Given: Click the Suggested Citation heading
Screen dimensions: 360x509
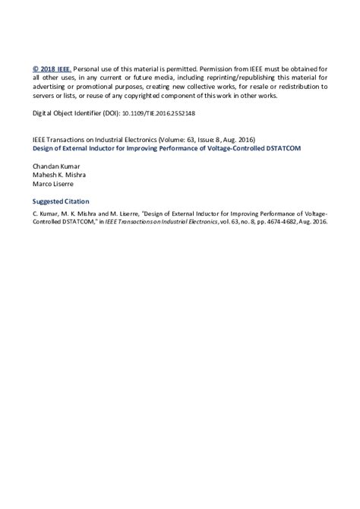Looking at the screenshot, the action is tap(61, 201).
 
